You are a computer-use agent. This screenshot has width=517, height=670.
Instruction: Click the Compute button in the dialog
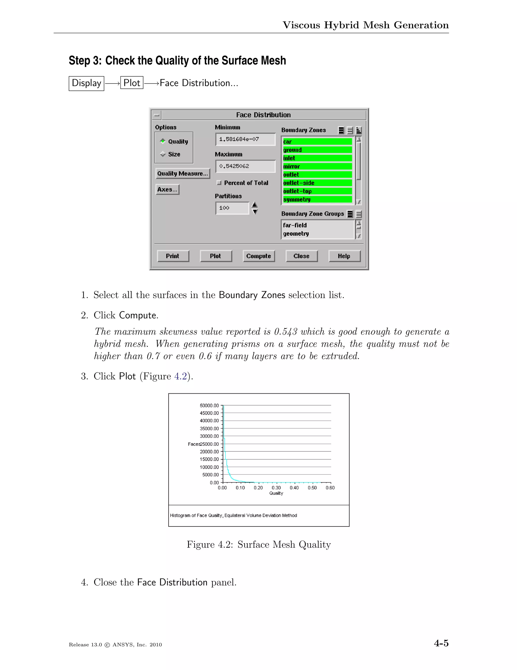(x=258, y=256)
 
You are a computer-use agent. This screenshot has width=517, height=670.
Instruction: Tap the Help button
(x=344, y=256)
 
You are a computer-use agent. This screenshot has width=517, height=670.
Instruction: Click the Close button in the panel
(x=301, y=256)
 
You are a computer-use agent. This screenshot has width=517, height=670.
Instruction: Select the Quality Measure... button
(x=183, y=174)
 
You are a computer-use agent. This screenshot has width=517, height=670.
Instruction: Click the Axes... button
(x=167, y=190)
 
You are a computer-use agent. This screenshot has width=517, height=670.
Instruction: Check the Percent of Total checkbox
(x=219, y=183)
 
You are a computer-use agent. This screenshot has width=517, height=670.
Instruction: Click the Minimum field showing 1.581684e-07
(x=245, y=139)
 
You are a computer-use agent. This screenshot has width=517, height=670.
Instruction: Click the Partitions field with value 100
(x=232, y=208)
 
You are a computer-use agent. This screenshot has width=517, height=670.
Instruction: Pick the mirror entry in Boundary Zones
(x=317, y=166)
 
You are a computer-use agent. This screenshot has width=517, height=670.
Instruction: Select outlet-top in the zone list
(x=317, y=191)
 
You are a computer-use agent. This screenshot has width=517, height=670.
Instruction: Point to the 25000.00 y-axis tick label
(x=210, y=444)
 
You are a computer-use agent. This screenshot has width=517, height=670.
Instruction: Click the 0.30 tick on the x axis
(x=276, y=488)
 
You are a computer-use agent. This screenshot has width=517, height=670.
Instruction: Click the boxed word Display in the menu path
(x=86, y=83)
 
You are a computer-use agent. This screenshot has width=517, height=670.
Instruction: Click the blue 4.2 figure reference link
(x=180, y=376)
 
